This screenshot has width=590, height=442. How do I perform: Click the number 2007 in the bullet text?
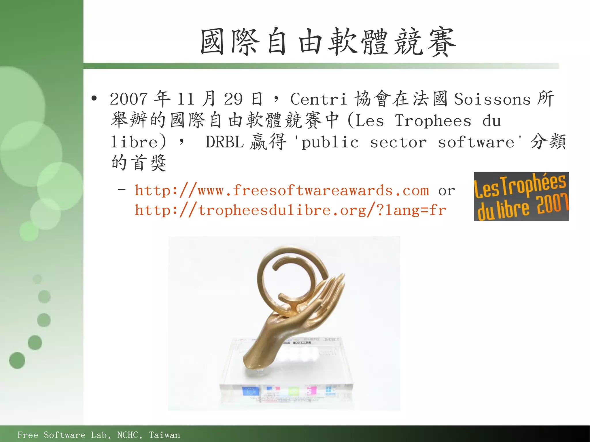[x=128, y=99]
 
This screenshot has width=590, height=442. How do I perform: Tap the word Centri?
[x=318, y=99]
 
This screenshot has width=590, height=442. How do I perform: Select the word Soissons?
[x=492, y=99]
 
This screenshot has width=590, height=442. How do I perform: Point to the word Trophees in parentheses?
[x=433, y=121]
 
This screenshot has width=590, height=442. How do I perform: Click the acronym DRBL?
[x=224, y=142]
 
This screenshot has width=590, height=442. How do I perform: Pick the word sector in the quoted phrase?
[x=398, y=142]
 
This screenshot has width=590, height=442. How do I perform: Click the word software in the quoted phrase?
[x=476, y=142]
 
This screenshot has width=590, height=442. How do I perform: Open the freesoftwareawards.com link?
[x=282, y=191]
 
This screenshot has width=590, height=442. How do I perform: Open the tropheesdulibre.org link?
[x=290, y=210]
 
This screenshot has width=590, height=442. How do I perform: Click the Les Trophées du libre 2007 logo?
[x=521, y=196]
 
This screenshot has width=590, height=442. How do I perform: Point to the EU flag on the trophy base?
[x=250, y=391]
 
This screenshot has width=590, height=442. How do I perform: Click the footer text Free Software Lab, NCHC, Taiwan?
[x=99, y=435]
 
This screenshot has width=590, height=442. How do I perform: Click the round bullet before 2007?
[x=94, y=98]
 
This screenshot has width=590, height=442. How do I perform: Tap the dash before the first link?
[x=122, y=189]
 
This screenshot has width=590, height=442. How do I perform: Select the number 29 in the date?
[x=233, y=99]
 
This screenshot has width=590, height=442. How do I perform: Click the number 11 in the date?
[x=186, y=99]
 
